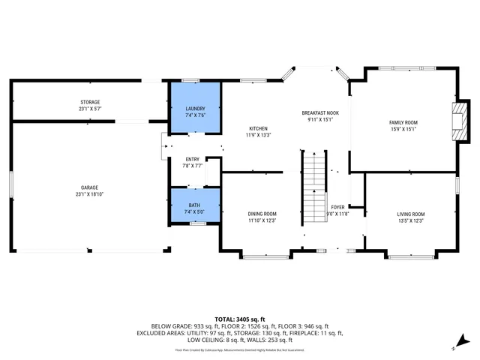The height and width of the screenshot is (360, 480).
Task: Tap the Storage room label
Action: click(91, 102)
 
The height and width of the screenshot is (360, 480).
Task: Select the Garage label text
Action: click(90, 187)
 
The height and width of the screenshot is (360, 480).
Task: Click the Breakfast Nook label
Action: click(320, 112)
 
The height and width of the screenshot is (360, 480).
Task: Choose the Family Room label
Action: click(403, 122)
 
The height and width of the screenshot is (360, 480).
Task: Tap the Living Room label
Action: click(410, 214)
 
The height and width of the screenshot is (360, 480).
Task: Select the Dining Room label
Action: click(262, 214)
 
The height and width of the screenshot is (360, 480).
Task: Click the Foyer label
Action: click(337, 207)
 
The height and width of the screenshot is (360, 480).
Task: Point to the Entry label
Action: click(193, 159)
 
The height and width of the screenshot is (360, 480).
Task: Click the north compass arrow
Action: click(454, 346)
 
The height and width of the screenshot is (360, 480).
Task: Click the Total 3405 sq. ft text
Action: click(240, 319)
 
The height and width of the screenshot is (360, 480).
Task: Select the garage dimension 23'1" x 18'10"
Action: click(90, 193)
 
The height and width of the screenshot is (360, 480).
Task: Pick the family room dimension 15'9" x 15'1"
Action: click(403, 129)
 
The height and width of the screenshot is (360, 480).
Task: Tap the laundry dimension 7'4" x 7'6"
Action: click(195, 115)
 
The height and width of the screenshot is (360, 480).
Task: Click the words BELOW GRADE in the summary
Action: click(170, 326)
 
